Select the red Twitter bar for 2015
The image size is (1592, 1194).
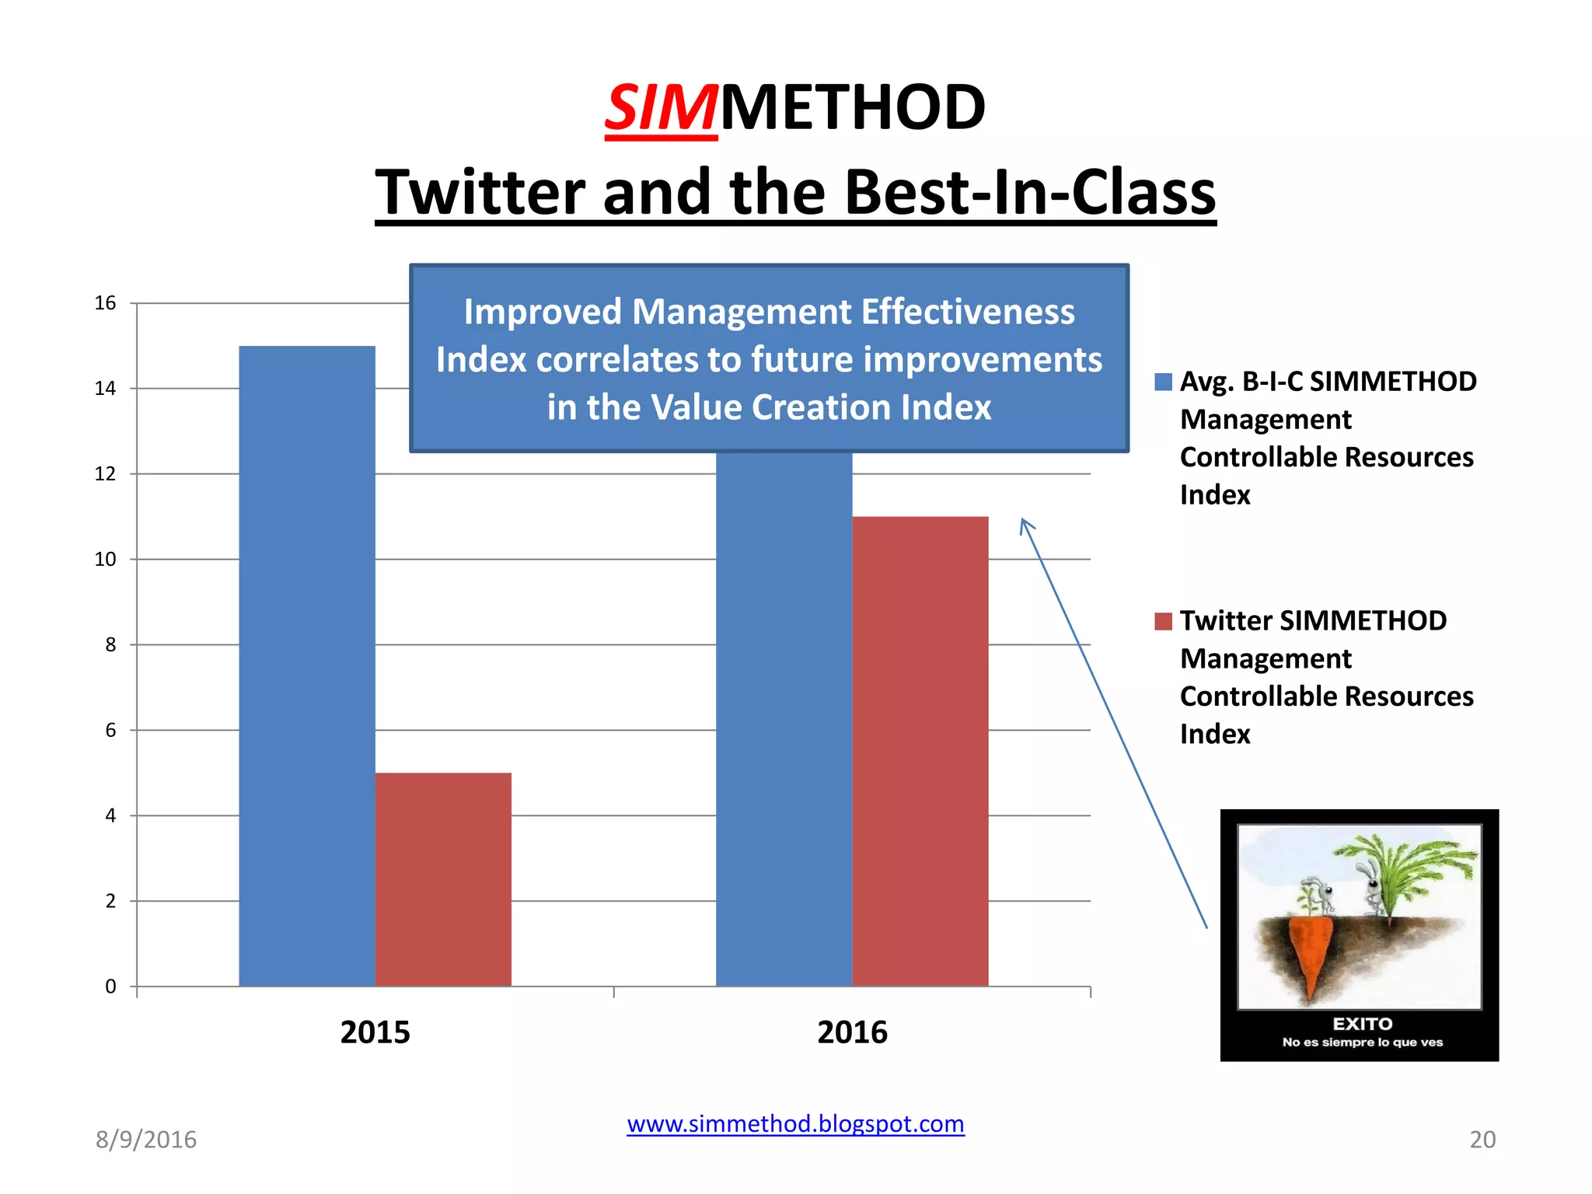coord(443,879)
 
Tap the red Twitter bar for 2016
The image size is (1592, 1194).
coord(920,751)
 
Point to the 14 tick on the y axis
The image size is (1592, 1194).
coord(105,389)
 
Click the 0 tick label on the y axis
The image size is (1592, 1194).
coord(110,986)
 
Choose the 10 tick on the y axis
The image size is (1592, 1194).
coord(105,560)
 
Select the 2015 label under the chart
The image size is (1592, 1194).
coord(375,1032)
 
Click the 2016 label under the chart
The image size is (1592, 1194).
coord(852,1032)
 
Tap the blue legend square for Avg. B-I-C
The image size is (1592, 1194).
coord(1163,382)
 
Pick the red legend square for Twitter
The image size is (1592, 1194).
coord(1163,621)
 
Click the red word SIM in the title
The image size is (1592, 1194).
coord(661,108)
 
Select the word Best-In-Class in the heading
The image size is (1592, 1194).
coord(1030,193)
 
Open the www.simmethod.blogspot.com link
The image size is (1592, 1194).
coord(795,1124)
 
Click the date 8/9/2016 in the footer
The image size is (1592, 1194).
coord(146,1140)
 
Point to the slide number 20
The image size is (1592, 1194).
coord(1482,1140)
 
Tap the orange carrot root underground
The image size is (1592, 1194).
coord(1311,952)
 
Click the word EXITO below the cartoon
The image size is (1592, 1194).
coord(1363,1024)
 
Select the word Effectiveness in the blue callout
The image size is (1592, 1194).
coord(967,312)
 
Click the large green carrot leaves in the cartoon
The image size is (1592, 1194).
coord(1407,863)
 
